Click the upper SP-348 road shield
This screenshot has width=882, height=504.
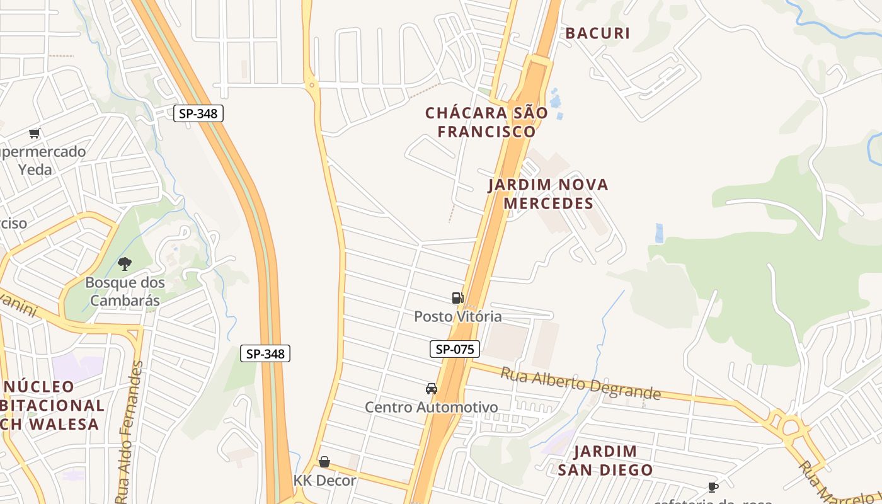coord(198,113)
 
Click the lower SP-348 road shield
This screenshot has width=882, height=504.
coord(265,353)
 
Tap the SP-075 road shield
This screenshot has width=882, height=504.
coord(455,349)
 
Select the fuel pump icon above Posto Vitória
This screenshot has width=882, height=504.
coord(457,298)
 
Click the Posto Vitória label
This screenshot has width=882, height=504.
coord(458,316)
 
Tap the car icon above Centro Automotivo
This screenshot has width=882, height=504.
coord(432,389)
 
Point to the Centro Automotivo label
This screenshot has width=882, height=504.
coord(432,408)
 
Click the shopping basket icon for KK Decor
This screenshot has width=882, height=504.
coord(324,462)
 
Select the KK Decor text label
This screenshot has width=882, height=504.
coord(325,480)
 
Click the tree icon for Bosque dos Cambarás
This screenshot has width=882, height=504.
coord(125,264)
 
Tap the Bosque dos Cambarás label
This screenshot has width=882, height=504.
coord(125,291)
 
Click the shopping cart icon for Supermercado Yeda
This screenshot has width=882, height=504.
coord(35,133)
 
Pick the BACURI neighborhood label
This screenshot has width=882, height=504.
coord(597,33)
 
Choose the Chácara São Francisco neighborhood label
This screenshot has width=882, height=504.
coord(486,122)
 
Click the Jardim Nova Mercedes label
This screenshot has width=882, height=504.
coord(548,194)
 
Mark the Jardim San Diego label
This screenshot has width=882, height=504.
coord(605,461)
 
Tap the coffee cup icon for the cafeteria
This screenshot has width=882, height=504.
coord(713,487)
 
